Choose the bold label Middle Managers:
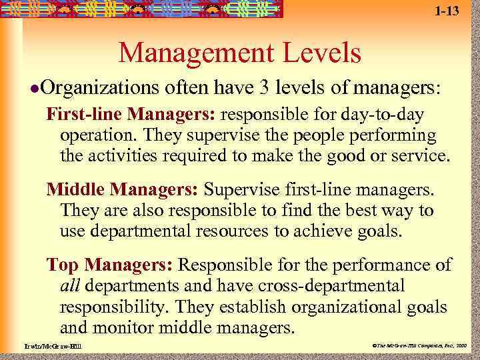[122, 190]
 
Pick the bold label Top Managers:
[110, 265]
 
